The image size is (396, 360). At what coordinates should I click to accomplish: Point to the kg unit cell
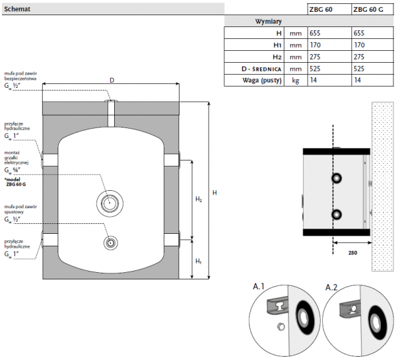295,81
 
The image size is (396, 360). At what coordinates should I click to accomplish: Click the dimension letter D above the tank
112,80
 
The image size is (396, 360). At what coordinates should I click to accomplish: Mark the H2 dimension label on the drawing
199,198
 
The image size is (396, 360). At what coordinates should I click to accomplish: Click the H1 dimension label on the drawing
199,262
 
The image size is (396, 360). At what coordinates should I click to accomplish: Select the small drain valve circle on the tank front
109,242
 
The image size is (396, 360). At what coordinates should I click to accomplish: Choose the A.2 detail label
333,287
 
